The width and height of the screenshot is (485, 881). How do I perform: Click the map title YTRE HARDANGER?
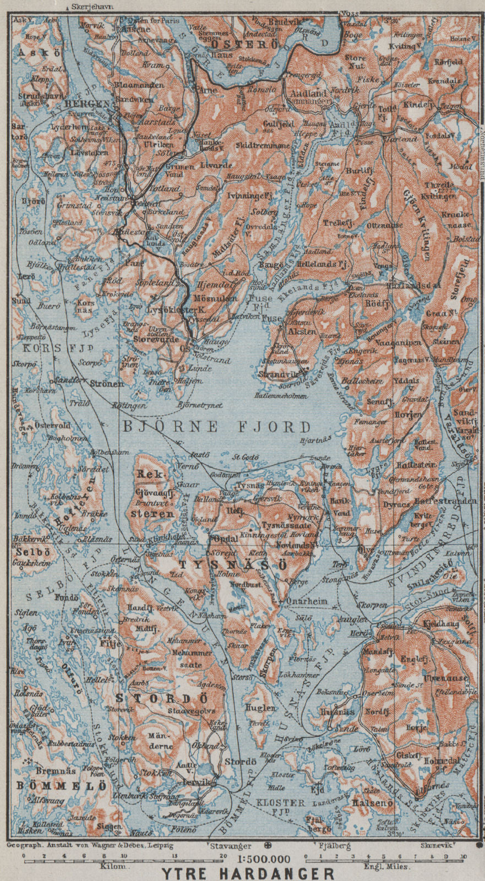tap(248, 873)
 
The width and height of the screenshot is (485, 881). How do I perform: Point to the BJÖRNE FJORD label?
tap(216, 426)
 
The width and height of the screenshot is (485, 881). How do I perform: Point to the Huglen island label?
tap(261, 708)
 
